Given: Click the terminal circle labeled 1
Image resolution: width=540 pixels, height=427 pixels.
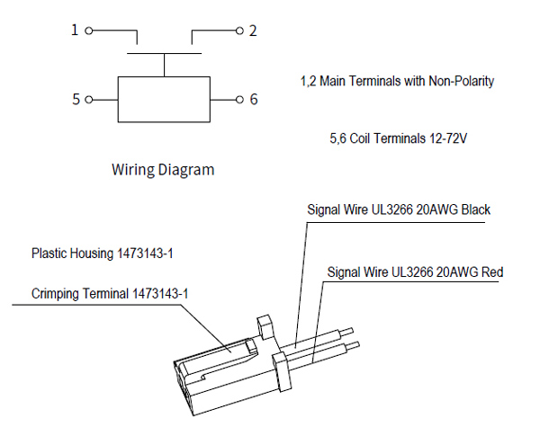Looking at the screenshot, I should tap(88, 31).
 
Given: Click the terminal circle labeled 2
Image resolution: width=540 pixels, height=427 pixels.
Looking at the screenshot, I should tap(239, 31).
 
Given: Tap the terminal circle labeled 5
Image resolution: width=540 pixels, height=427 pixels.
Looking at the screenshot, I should tap(88, 99).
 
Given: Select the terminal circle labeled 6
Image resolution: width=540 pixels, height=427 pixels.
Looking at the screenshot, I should tap(239, 99).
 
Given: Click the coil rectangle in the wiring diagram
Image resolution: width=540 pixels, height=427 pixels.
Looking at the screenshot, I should tap(164, 99).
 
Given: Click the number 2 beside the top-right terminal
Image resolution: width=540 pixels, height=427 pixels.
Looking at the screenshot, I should tap(254, 31).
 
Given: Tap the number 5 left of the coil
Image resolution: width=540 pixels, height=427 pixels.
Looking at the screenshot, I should tap(76, 99).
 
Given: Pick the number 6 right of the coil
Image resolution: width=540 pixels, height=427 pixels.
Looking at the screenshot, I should tap(254, 99).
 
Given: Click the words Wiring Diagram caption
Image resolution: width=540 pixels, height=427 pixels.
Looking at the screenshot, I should tap(163, 168).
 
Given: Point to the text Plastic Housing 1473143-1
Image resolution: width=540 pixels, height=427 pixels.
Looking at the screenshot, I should tap(102, 254).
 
